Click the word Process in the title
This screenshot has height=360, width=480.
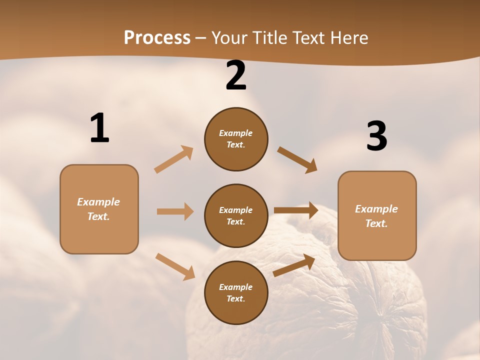(157, 37)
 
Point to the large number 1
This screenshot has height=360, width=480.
(99, 128)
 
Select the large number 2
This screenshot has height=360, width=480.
(236, 75)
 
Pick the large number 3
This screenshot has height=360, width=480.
(376, 136)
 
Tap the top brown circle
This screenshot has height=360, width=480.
(236, 139)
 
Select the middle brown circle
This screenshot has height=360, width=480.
(236, 216)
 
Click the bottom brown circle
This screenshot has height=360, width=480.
(236, 293)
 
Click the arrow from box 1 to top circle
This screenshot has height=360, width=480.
(174, 159)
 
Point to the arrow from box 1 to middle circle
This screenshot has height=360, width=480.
(175, 211)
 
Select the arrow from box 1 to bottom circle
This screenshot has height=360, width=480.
(175, 266)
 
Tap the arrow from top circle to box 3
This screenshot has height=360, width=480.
(297, 159)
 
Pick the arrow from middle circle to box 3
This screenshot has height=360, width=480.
(296, 210)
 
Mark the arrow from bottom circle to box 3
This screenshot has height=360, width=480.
(294, 265)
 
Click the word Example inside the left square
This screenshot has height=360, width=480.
(98, 202)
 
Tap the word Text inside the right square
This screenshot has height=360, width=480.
(376, 223)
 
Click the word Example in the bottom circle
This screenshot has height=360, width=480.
(235, 287)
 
